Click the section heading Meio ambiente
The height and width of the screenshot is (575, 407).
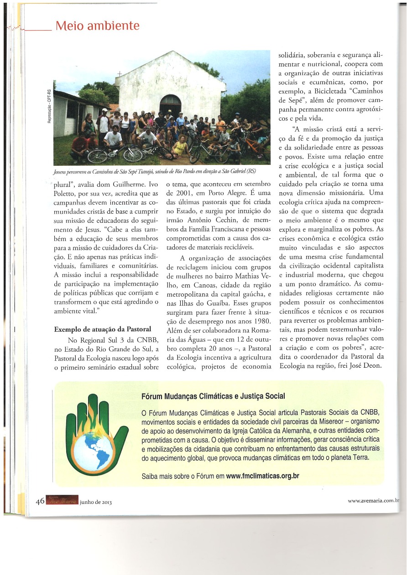click(x=97, y=26)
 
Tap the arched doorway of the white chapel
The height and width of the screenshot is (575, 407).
click(x=170, y=106)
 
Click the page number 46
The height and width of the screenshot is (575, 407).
click(x=40, y=501)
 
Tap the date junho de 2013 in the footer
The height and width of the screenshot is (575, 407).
click(x=95, y=502)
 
